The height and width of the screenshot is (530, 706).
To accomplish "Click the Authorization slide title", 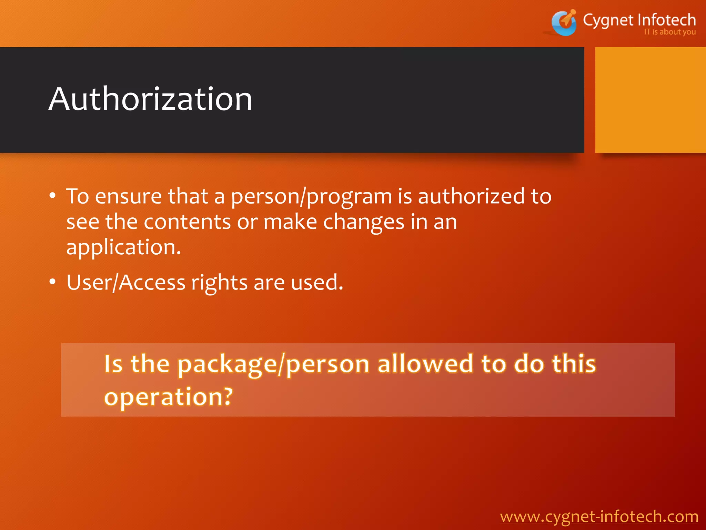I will pos(150,99).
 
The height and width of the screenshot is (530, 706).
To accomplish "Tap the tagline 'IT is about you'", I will pos(669,32).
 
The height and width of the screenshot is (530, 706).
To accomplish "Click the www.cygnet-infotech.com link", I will pos(599,517).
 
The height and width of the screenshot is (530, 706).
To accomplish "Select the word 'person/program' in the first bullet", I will pos(311,197).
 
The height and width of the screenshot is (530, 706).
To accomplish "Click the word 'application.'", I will pos(123,247).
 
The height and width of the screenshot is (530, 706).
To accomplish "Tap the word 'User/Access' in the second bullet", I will pos(126,283).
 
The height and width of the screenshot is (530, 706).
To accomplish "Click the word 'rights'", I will pos(219,283).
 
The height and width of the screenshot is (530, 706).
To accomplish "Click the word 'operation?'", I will pos(168,397).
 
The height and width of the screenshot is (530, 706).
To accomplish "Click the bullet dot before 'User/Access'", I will pos(52,282).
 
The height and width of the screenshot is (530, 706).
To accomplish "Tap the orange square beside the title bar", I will pos(650,100).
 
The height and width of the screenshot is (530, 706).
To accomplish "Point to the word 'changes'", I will pos(363,222).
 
